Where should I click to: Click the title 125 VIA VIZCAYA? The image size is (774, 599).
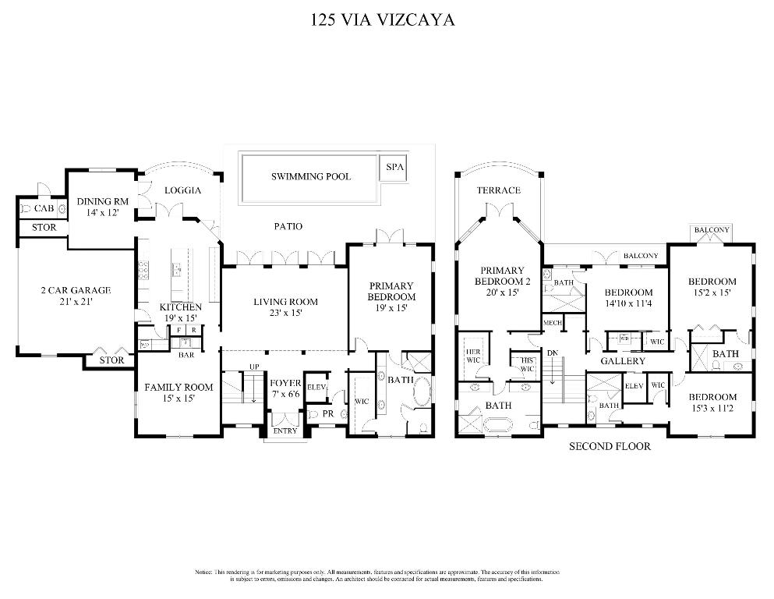tap(382, 19)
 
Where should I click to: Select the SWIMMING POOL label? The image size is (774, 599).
tap(311, 176)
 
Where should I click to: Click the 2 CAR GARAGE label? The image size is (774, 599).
tap(76, 296)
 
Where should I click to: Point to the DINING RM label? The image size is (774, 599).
tap(102, 207)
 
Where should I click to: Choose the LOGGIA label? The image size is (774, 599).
tap(183, 190)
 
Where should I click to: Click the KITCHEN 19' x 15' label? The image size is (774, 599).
tap(181, 312)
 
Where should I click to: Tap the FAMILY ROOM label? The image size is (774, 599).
tap(178, 392)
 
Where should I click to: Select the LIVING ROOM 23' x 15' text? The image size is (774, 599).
tap(285, 307)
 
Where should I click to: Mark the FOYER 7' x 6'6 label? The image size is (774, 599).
tap(285, 388)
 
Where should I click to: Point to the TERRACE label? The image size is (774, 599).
tap(499, 190)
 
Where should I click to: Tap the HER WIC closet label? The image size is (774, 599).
tap(473, 355)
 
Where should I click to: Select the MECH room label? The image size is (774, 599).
tap(553, 323)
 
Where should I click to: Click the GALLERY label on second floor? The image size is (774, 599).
tap(623, 361)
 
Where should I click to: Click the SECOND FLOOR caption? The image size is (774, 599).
tap(609, 447)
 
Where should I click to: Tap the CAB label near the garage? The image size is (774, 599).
tap(44, 209)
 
